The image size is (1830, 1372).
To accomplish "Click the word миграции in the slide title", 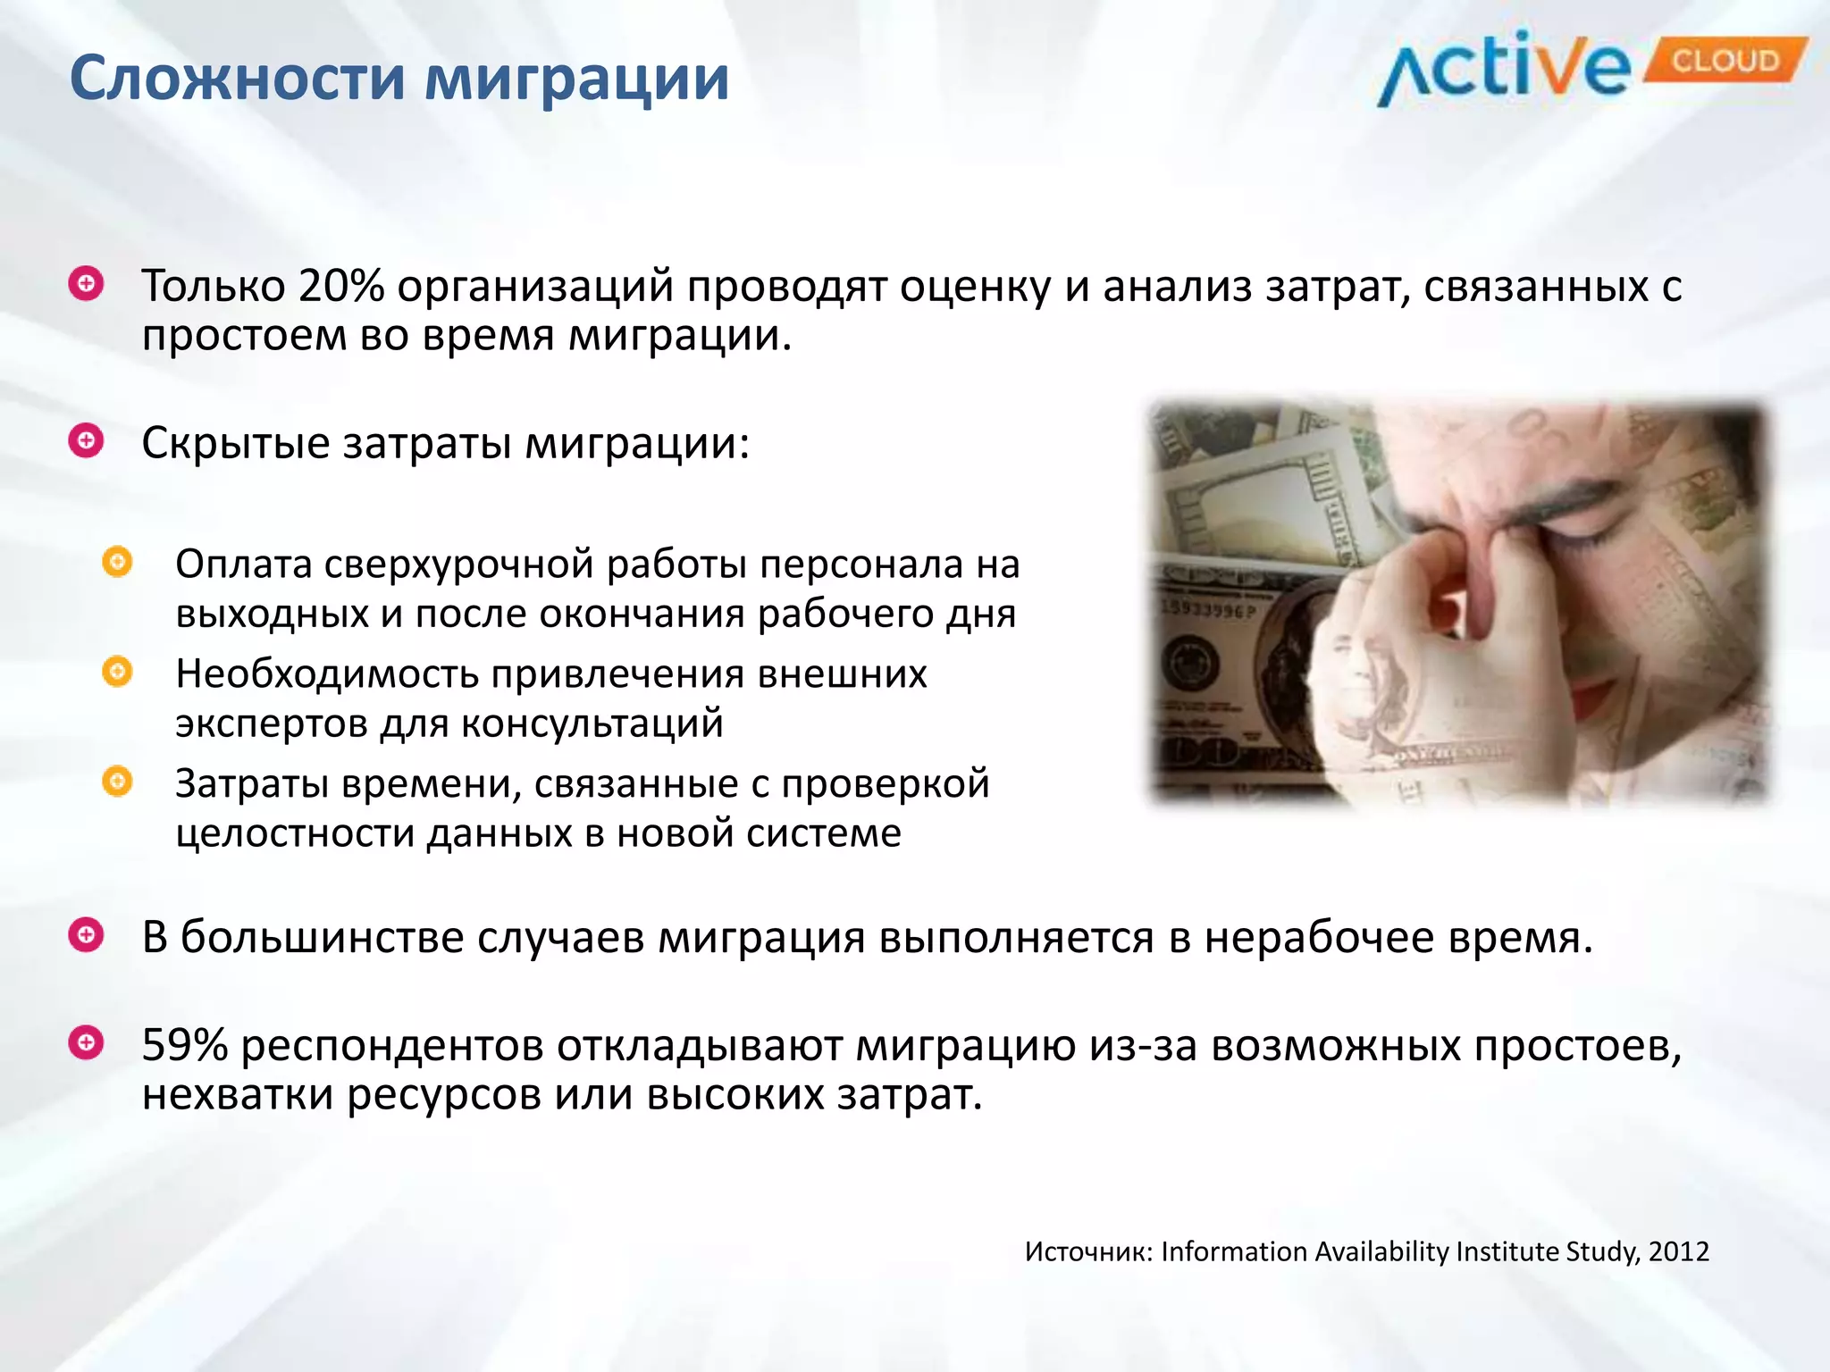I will point(576,79).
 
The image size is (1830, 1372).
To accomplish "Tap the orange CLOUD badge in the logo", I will point(1725,61).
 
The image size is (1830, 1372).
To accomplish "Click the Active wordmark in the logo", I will point(1506,70).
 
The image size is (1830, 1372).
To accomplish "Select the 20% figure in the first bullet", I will point(341,286).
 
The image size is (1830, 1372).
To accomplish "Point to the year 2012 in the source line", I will point(1679,1251).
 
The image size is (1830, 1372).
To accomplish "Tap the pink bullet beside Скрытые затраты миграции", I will point(87,440).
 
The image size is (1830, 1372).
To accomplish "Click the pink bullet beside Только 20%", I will point(87,284).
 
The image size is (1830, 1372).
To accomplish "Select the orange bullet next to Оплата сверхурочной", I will point(117,562).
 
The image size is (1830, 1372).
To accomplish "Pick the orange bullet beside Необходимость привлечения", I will point(117,671).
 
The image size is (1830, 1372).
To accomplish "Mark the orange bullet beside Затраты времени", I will point(117,782).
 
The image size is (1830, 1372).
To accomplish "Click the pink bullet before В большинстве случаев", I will point(87,935).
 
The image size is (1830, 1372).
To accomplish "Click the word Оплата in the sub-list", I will point(243,565).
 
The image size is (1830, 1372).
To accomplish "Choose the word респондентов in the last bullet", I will point(392,1047).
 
